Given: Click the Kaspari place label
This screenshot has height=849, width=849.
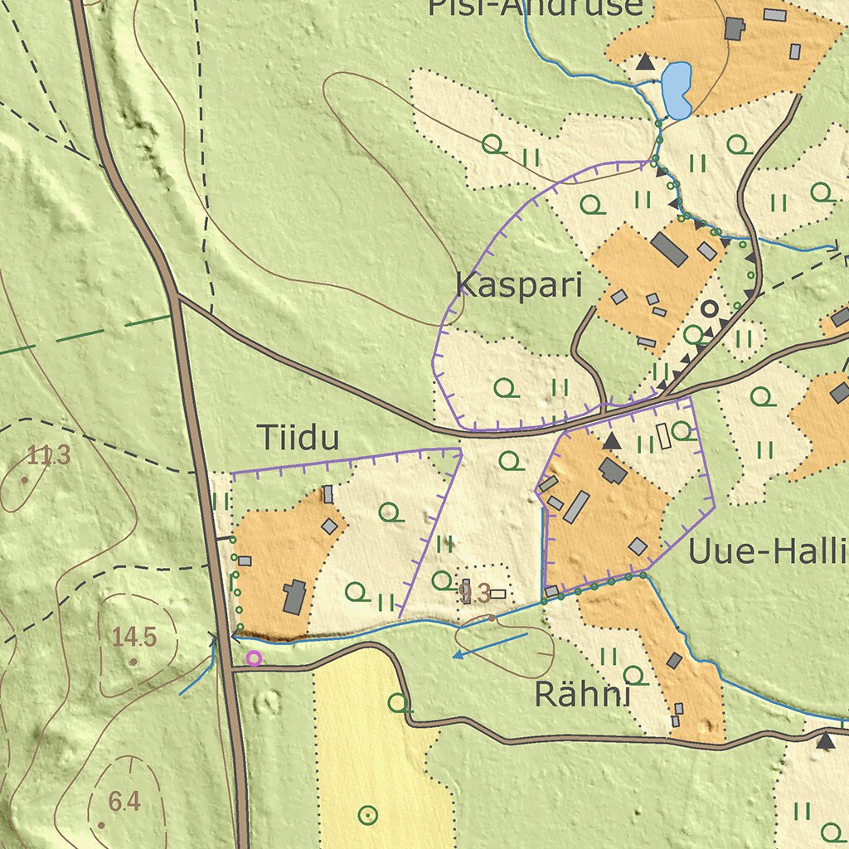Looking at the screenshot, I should tap(519, 285).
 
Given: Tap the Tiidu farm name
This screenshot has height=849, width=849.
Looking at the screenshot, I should tap(298, 438).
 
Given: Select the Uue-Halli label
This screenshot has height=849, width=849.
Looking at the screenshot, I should tap(768, 551).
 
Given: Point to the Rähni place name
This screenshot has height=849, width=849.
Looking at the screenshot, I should tap(582, 695).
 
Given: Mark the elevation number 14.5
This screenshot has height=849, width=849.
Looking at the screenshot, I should tap(134, 637).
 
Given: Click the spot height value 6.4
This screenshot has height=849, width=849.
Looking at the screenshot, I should tap(124, 802).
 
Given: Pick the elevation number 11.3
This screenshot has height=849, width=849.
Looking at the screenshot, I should tap(49, 455).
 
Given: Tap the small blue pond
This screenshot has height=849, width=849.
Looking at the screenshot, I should tap(677, 90).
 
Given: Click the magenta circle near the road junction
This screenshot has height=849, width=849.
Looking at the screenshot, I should tap(254, 658).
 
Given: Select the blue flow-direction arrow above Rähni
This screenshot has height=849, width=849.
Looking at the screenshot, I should tap(489, 645).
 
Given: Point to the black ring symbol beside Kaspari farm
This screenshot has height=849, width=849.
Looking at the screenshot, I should tap(709, 309).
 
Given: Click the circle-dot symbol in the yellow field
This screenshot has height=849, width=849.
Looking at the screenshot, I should tap(367, 815).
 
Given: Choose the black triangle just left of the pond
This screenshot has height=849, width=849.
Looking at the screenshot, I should tap(644, 61).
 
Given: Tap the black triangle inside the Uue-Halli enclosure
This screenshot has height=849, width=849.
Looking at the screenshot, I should tap(611, 441).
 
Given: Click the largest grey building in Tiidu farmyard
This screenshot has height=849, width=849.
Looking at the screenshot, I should tap(294, 597).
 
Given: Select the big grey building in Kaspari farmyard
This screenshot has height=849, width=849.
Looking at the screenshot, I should tap(668, 249).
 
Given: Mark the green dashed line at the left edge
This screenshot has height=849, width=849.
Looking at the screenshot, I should tap(83, 337).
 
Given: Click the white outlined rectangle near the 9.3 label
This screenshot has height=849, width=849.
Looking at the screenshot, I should tap(497, 594).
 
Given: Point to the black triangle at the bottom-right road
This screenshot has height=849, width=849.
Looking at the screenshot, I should tap(824, 740).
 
